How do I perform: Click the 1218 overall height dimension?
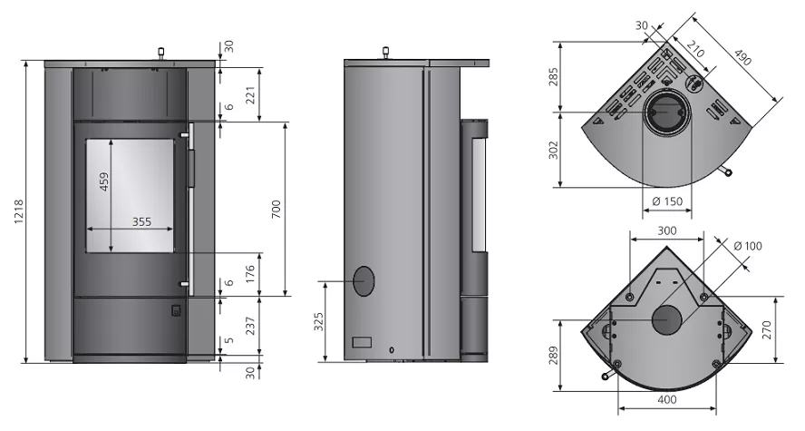(12, 213)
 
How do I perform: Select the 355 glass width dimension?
(141, 221)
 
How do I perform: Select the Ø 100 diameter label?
(747, 246)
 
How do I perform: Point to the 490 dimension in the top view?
(743, 60)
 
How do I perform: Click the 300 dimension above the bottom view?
(666, 231)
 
